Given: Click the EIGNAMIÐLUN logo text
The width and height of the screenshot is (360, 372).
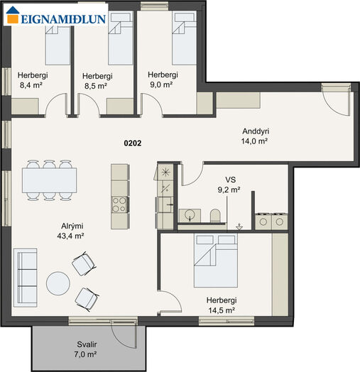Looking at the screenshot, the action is point(63,19).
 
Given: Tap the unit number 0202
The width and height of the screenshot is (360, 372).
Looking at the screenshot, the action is point(133,143).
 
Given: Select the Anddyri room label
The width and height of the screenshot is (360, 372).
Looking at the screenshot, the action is point(256,131).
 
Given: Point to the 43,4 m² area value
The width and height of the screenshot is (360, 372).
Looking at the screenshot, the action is point(70,236).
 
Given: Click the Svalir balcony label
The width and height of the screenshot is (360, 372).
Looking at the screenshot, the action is point(87,344).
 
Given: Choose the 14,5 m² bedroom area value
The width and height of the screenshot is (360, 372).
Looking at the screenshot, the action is point(222,310).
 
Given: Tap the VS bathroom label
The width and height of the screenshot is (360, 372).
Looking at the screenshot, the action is point(231,180).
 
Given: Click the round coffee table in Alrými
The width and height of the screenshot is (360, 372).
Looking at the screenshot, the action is point(58,283).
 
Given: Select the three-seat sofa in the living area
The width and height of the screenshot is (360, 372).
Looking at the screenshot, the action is point(26,278).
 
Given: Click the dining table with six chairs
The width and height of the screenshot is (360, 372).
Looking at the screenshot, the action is point(50,180).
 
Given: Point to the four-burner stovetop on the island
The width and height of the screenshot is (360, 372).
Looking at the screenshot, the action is point(119,204).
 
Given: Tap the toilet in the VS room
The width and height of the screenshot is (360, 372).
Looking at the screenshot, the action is point(215,215).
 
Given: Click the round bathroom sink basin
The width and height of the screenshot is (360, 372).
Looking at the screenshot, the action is point(190,214).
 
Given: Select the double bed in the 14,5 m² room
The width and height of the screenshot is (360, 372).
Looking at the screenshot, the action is point(215,261).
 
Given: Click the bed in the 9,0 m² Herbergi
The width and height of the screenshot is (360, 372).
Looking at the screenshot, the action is point(184,38).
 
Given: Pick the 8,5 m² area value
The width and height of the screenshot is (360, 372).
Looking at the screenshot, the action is point(96,86).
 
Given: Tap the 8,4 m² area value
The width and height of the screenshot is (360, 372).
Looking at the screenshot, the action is point(31,85).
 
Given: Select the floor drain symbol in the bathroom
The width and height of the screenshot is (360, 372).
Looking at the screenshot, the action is point(239,227).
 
